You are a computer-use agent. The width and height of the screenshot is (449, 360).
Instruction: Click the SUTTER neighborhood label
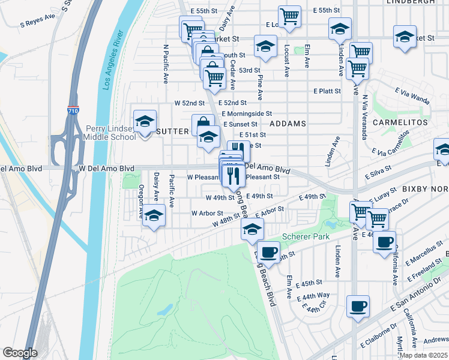tap(172, 131)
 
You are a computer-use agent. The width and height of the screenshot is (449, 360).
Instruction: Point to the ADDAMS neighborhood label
tap(288, 123)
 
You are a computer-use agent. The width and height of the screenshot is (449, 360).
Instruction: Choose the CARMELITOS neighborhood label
tap(400, 122)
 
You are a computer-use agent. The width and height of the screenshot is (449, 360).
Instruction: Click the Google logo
tap(20, 353)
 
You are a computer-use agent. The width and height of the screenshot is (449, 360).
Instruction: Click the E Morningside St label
tap(247, 113)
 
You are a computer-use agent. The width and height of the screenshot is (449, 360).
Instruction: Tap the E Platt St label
tap(327, 91)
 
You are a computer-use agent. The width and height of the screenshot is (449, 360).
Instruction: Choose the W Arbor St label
tap(207, 213)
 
